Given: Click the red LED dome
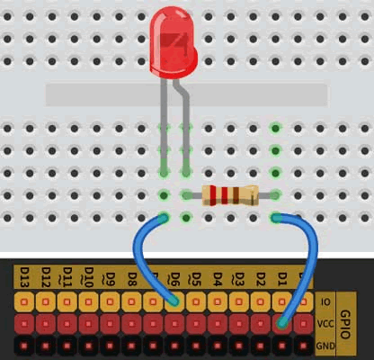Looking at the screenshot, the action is coord(174,42).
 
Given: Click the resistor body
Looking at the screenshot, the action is coord(230,195).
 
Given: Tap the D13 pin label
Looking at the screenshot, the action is coord(24,277).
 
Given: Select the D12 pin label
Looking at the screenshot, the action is coord(46,277).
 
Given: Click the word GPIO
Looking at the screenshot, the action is coord(345,324).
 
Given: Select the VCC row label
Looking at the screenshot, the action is coord(325,324).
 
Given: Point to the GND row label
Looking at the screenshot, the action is coord(325,346).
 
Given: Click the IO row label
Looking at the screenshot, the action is coord(325,301).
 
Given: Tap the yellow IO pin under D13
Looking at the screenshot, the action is coord(24,301).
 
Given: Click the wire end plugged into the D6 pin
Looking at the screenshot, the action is coord(174,301).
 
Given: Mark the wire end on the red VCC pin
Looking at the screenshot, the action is coord(282,323).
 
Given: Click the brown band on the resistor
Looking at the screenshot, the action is coord(236,195).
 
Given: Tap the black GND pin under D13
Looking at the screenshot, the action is coord(24,346).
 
